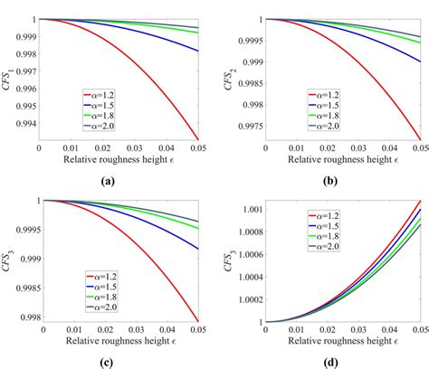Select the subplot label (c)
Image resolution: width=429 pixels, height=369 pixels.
[109, 362]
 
